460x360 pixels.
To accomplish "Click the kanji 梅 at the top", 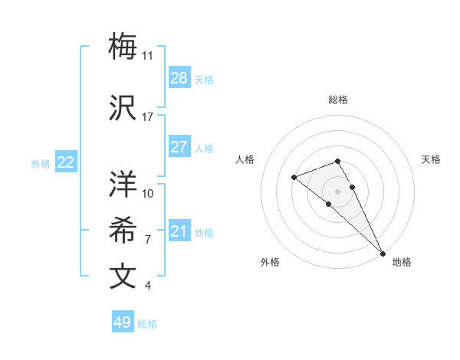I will [123, 47].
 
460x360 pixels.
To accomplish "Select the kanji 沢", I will [123, 108].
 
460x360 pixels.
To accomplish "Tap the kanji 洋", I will [123, 184].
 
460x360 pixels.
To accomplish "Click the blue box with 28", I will [179, 78].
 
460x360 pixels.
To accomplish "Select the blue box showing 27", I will [179, 147].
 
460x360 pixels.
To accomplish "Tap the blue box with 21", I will [179, 231].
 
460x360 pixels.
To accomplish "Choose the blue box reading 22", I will [66, 162].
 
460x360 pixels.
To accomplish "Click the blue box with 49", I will [123, 322].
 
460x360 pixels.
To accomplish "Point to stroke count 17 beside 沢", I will [148, 117].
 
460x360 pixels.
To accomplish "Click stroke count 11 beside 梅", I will [148, 56].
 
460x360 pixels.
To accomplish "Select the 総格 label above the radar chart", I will [338, 100].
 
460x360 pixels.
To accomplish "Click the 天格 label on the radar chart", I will [431, 159].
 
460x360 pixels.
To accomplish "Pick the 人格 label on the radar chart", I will [245, 159].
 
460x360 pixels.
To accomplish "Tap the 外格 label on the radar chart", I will [270, 262].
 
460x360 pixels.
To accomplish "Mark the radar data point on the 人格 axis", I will [294, 178].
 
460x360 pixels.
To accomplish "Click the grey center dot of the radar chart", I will [338, 191].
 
